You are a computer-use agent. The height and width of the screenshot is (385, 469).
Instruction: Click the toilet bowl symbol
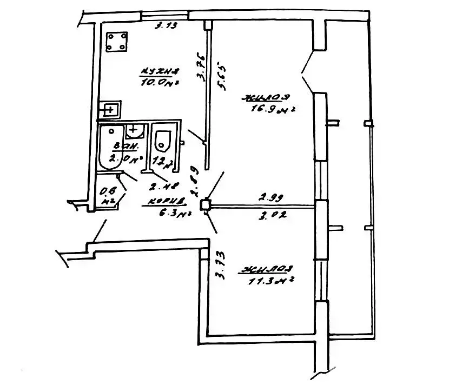coord(163,142)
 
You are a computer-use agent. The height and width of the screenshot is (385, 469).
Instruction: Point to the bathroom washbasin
coord(134,130)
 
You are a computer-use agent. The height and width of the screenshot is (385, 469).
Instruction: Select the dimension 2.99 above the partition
coord(269,198)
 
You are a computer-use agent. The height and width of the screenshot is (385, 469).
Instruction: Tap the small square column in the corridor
coord(204,205)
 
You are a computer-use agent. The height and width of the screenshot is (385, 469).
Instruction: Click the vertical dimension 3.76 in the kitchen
coord(201,68)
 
